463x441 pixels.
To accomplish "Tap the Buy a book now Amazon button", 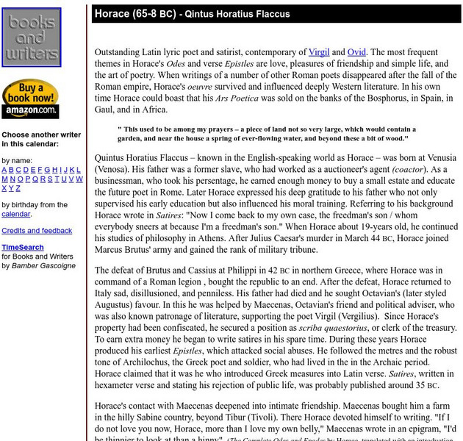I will pos(30,99).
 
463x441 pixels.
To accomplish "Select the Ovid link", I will pos(357,52).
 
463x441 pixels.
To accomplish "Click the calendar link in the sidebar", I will pos(15,214).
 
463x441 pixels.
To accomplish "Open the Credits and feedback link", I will pos(37,231).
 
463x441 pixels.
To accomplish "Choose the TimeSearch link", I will pos(23,248).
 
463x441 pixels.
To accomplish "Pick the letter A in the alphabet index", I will pos(4,170).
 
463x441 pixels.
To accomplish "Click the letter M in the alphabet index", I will pos(5,179).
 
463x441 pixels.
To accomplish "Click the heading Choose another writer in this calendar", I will pos(41,140).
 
